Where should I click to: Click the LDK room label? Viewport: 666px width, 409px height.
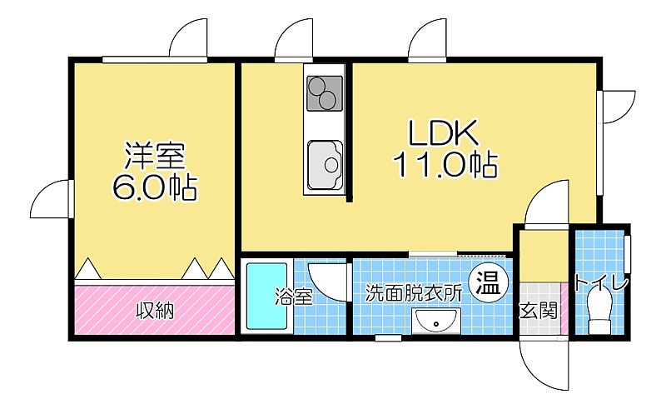pos(443,132)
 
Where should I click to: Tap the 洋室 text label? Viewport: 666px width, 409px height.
pos(155,157)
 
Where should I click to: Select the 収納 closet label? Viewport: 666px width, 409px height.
pos(155,311)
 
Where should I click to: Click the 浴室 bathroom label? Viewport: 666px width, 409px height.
pos(294,297)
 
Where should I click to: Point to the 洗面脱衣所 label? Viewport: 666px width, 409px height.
pos(414,293)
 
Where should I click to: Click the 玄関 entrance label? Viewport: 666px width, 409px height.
pos(538,312)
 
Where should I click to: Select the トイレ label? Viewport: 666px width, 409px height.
pos(600,283)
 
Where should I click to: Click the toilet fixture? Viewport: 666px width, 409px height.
pos(600,312)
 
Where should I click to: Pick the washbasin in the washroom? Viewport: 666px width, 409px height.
pos(436,321)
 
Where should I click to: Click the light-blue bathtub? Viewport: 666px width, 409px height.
pos(267,297)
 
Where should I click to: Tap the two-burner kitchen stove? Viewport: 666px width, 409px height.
pos(325,92)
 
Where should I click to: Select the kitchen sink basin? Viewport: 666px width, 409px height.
pos(325,165)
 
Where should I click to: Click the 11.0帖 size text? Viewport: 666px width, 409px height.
pos(445,165)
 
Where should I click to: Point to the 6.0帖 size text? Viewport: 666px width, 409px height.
pos(155,187)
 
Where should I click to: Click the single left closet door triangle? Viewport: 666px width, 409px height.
pos(88,268)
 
